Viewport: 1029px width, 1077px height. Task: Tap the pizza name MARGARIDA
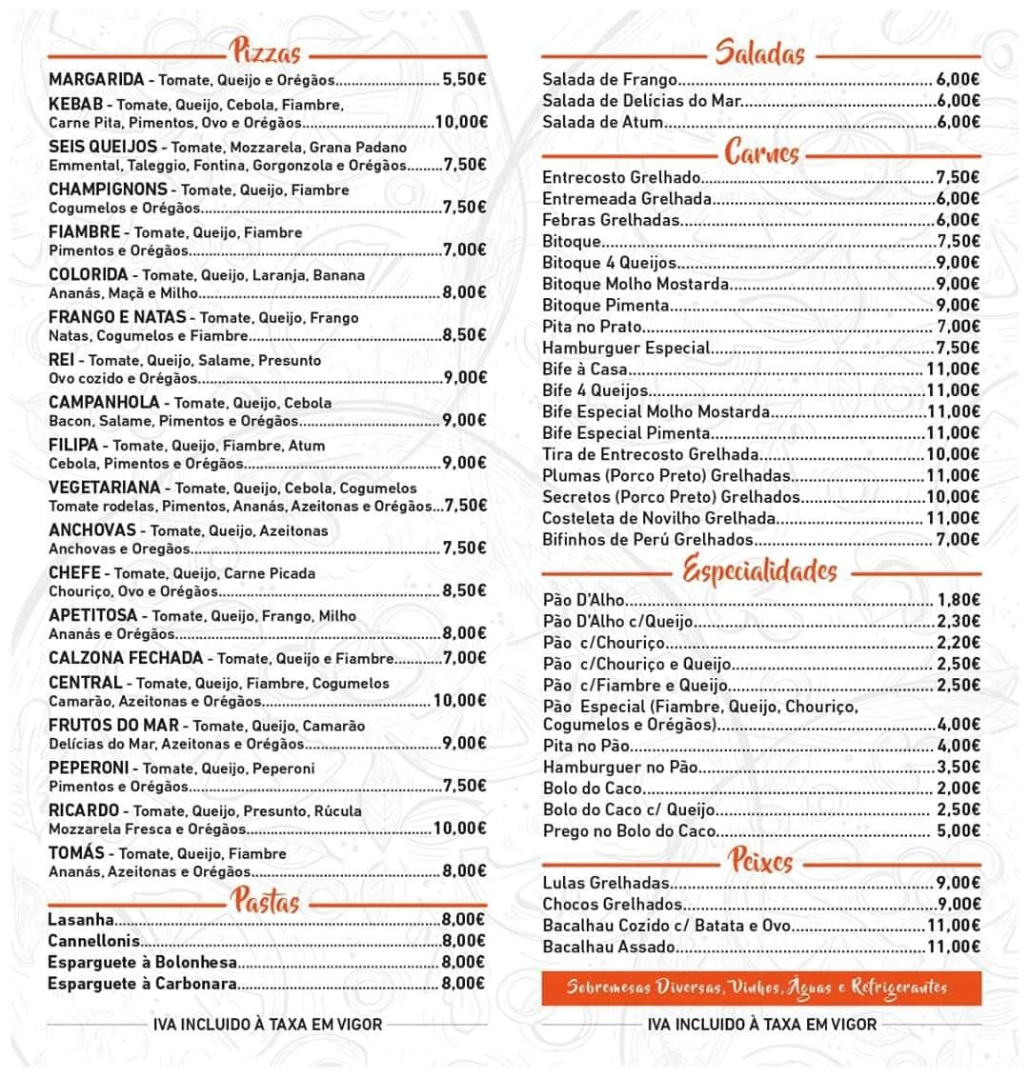click(96, 79)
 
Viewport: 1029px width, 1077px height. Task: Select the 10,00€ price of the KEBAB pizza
click(460, 122)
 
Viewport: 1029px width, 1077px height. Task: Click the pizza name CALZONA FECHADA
click(126, 658)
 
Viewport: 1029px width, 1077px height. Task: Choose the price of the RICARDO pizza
click(460, 828)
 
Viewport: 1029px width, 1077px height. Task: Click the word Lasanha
click(81, 920)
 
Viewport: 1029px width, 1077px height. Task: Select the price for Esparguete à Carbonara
click(464, 984)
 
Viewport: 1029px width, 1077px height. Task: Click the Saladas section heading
click(760, 53)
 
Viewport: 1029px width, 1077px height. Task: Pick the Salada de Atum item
click(602, 122)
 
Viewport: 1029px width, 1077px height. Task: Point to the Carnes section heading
click(761, 153)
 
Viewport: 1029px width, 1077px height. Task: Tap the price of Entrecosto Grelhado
click(958, 178)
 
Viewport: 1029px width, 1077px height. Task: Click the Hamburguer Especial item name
click(626, 348)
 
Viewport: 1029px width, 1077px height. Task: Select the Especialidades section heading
click(760, 571)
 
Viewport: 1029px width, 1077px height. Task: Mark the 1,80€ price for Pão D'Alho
click(958, 600)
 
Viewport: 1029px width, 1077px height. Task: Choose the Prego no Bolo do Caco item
click(629, 831)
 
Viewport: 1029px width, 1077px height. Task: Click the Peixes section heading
click(760, 862)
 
